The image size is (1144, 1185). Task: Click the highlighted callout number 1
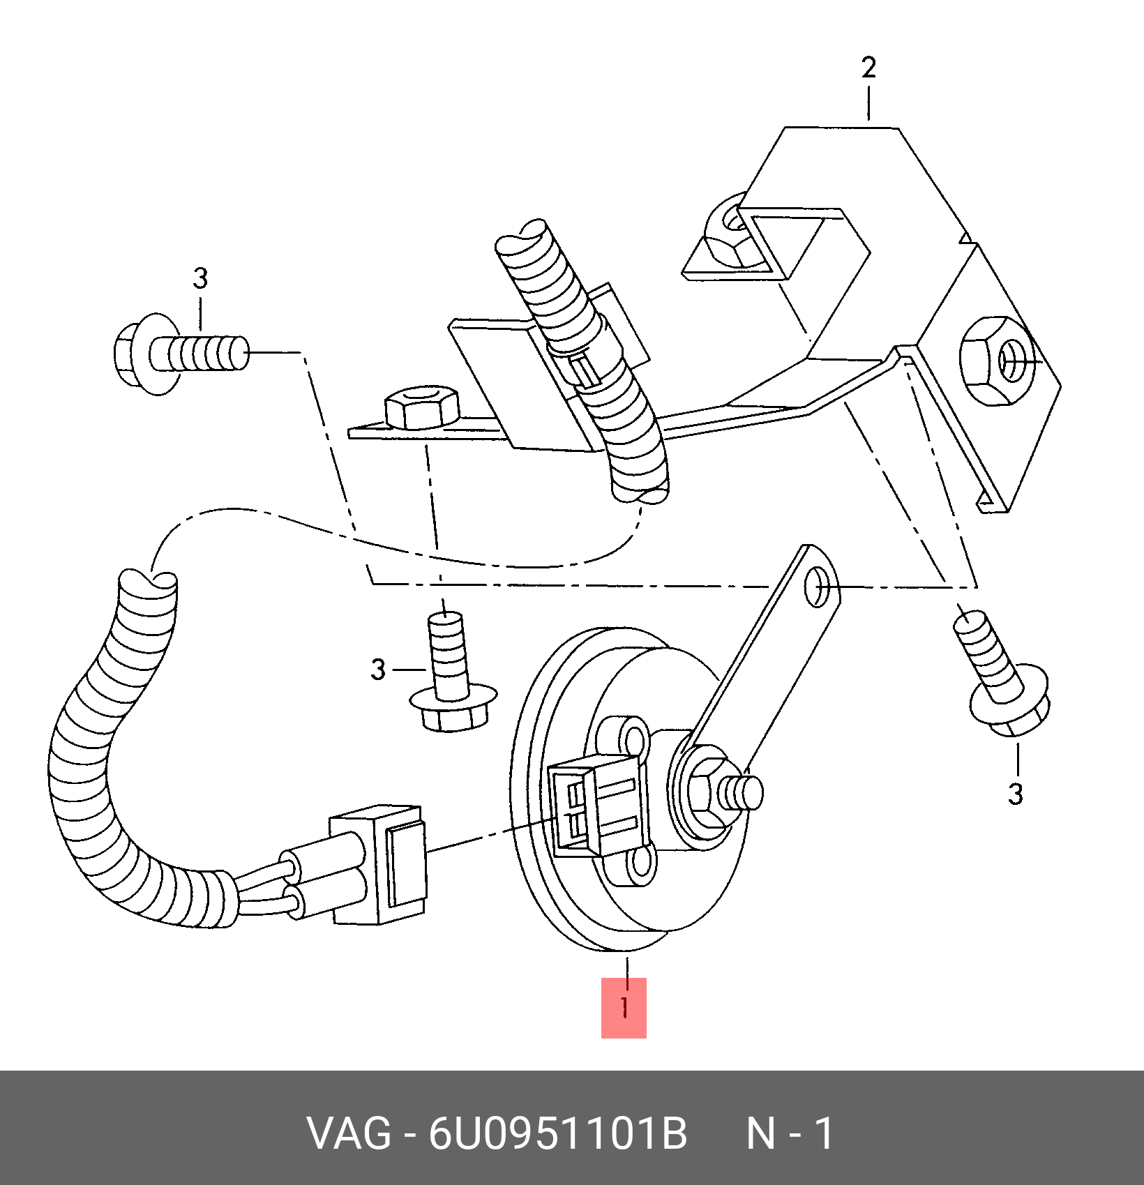click(x=624, y=1008)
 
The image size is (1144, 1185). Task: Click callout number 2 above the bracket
click(x=868, y=68)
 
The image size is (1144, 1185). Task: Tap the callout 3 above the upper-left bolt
click(x=200, y=278)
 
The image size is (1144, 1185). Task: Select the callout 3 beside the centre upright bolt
click(x=378, y=670)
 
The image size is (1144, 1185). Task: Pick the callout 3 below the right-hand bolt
click(x=1016, y=794)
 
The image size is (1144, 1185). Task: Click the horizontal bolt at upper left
click(x=181, y=354)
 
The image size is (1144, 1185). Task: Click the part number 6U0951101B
click(x=558, y=1133)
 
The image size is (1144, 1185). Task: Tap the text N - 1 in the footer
click(x=790, y=1133)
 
